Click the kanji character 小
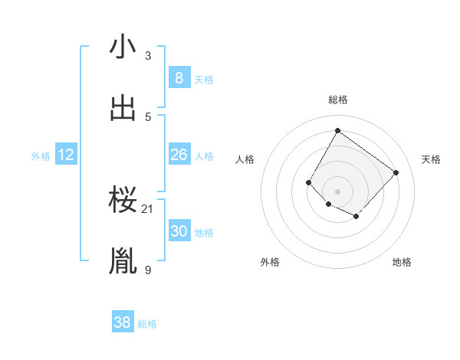click(123, 47)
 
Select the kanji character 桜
click(123, 201)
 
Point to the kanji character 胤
click(123, 261)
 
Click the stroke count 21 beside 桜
click(148, 208)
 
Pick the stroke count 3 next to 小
click(148, 55)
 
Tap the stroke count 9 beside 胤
click(148, 269)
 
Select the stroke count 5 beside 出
click(148, 116)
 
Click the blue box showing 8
click(179, 78)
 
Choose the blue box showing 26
click(179, 155)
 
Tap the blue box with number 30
click(179, 231)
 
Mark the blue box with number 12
click(66, 155)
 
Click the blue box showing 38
click(123, 322)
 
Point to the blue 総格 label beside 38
click(147, 324)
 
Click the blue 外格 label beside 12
click(41, 156)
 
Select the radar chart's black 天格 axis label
click(431, 159)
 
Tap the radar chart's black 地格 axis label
click(402, 262)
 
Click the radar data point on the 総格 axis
click(337, 130)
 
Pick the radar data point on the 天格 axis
click(396, 172)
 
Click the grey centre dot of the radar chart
click(337, 191)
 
